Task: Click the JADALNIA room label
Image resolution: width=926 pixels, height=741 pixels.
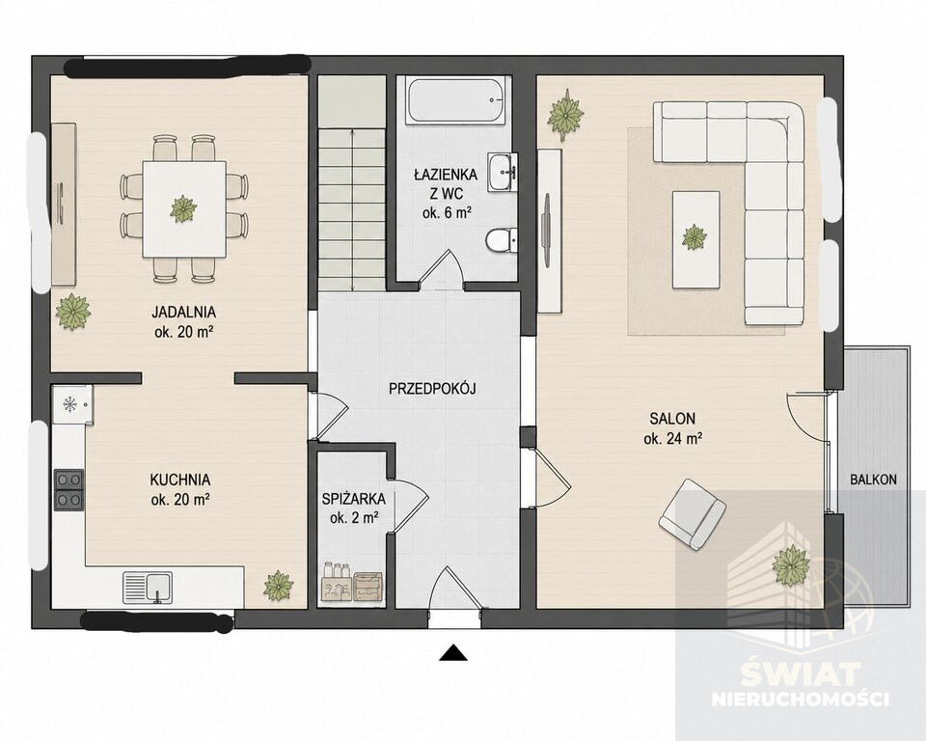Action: point(183,312)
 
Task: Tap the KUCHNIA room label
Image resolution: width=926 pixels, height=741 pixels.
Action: point(180,480)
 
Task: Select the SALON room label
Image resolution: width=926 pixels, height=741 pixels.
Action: point(672,419)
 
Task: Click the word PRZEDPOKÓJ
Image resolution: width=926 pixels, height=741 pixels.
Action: point(432,388)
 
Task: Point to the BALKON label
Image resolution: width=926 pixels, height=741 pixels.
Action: point(873,480)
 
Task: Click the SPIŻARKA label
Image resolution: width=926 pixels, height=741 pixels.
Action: point(354,499)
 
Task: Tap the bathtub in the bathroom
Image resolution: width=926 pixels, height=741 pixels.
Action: point(457,100)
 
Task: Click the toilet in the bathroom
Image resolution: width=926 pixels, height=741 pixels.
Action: point(501,240)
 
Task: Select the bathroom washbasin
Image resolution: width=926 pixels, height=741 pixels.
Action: point(503,172)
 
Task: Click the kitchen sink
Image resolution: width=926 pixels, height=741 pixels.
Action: point(148,588)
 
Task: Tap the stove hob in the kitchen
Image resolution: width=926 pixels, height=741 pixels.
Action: point(68,490)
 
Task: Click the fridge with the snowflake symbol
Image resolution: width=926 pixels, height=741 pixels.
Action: point(72,405)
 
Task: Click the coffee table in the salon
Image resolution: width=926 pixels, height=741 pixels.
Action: point(696,239)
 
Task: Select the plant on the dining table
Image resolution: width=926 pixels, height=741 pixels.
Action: point(183,208)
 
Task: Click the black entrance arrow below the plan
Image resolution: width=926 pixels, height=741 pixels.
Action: point(453,652)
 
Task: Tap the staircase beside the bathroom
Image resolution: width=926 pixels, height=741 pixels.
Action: point(352,183)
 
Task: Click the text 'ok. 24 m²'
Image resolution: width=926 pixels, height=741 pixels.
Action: point(672,438)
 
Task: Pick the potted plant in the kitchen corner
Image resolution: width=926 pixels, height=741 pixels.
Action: point(278,586)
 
